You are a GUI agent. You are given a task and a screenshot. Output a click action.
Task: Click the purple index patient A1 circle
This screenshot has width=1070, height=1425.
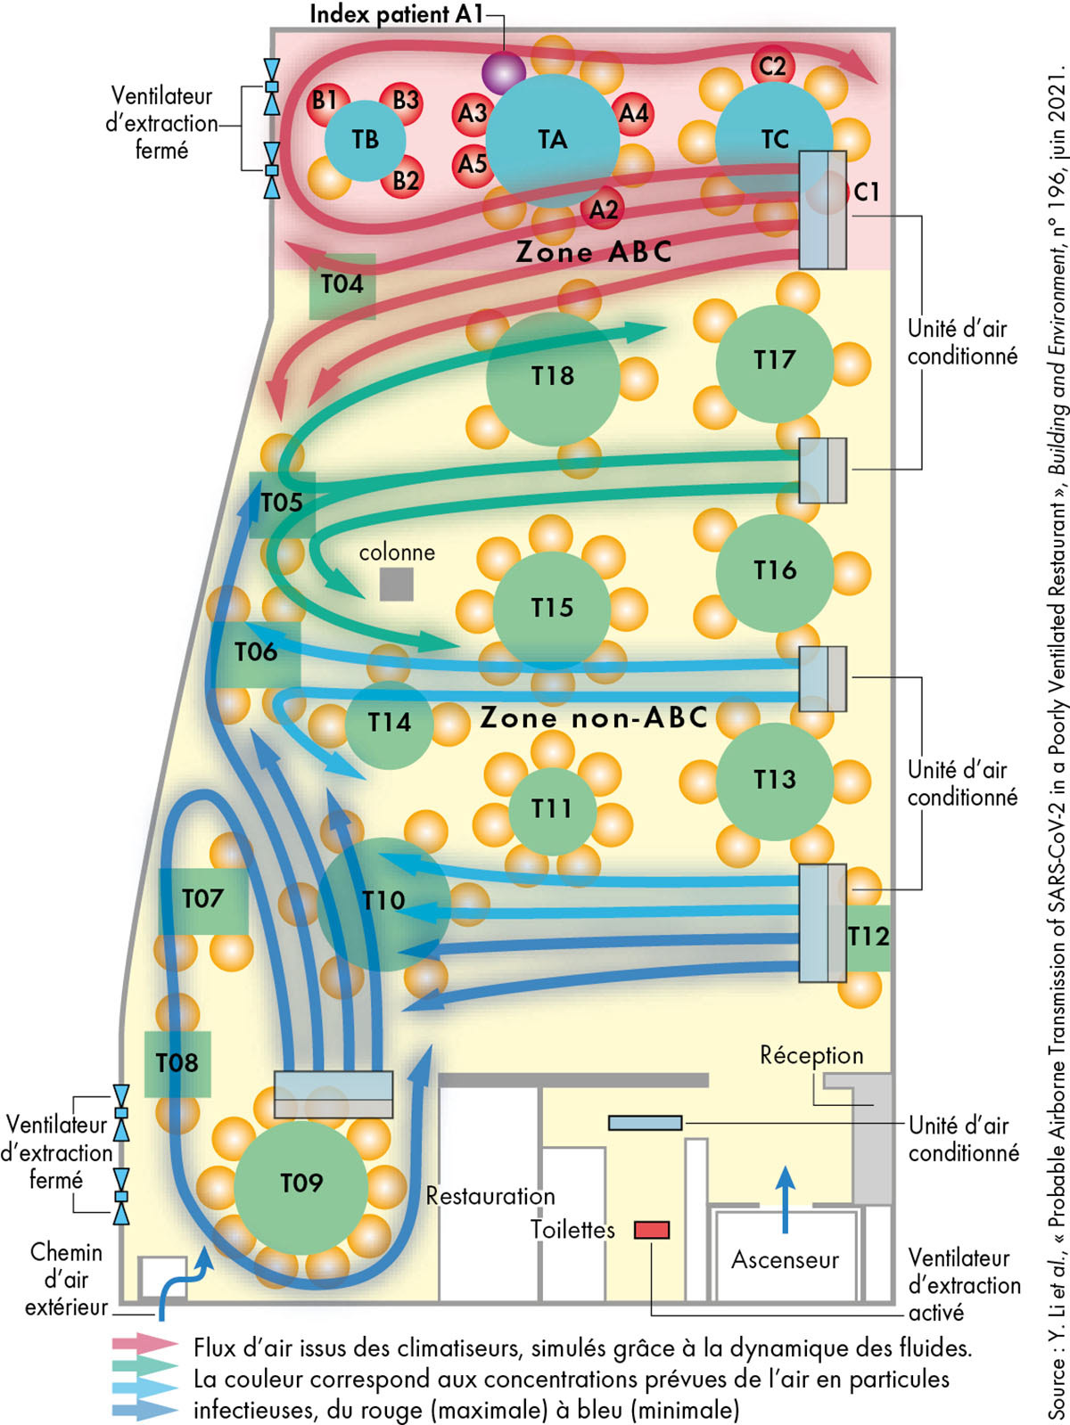(504, 71)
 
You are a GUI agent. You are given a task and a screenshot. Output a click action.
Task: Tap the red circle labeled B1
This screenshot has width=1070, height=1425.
(325, 101)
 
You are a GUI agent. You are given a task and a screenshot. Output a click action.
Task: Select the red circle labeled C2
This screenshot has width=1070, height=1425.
(772, 66)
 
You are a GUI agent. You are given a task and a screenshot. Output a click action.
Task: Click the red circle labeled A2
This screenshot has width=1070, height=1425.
(604, 209)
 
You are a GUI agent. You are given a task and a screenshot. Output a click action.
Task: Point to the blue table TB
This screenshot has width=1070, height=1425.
(365, 140)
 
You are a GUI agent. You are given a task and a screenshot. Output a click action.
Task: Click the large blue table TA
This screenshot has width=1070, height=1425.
(553, 140)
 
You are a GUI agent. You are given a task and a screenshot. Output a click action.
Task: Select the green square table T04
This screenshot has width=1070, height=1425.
(342, 285)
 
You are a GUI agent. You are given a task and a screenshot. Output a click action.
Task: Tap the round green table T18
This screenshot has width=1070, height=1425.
(553, 376)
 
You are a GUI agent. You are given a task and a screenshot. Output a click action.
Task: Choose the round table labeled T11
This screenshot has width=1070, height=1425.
(552, 808)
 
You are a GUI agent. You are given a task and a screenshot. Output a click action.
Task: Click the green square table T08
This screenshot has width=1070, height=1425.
(177, 1063)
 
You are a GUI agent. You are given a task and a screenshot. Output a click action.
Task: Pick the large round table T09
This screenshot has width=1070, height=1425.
(301, 1184)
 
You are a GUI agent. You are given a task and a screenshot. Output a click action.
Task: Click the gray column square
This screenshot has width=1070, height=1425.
(397, 585)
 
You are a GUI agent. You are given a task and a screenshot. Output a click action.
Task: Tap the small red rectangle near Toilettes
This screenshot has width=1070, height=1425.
(652, 1231)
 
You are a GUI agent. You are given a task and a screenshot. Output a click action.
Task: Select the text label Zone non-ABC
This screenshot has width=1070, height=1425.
(594, 717)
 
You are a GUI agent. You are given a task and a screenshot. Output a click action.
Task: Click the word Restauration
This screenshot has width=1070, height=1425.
(490, 1196)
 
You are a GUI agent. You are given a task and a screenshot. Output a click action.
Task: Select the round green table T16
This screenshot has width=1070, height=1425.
(774, 570)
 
